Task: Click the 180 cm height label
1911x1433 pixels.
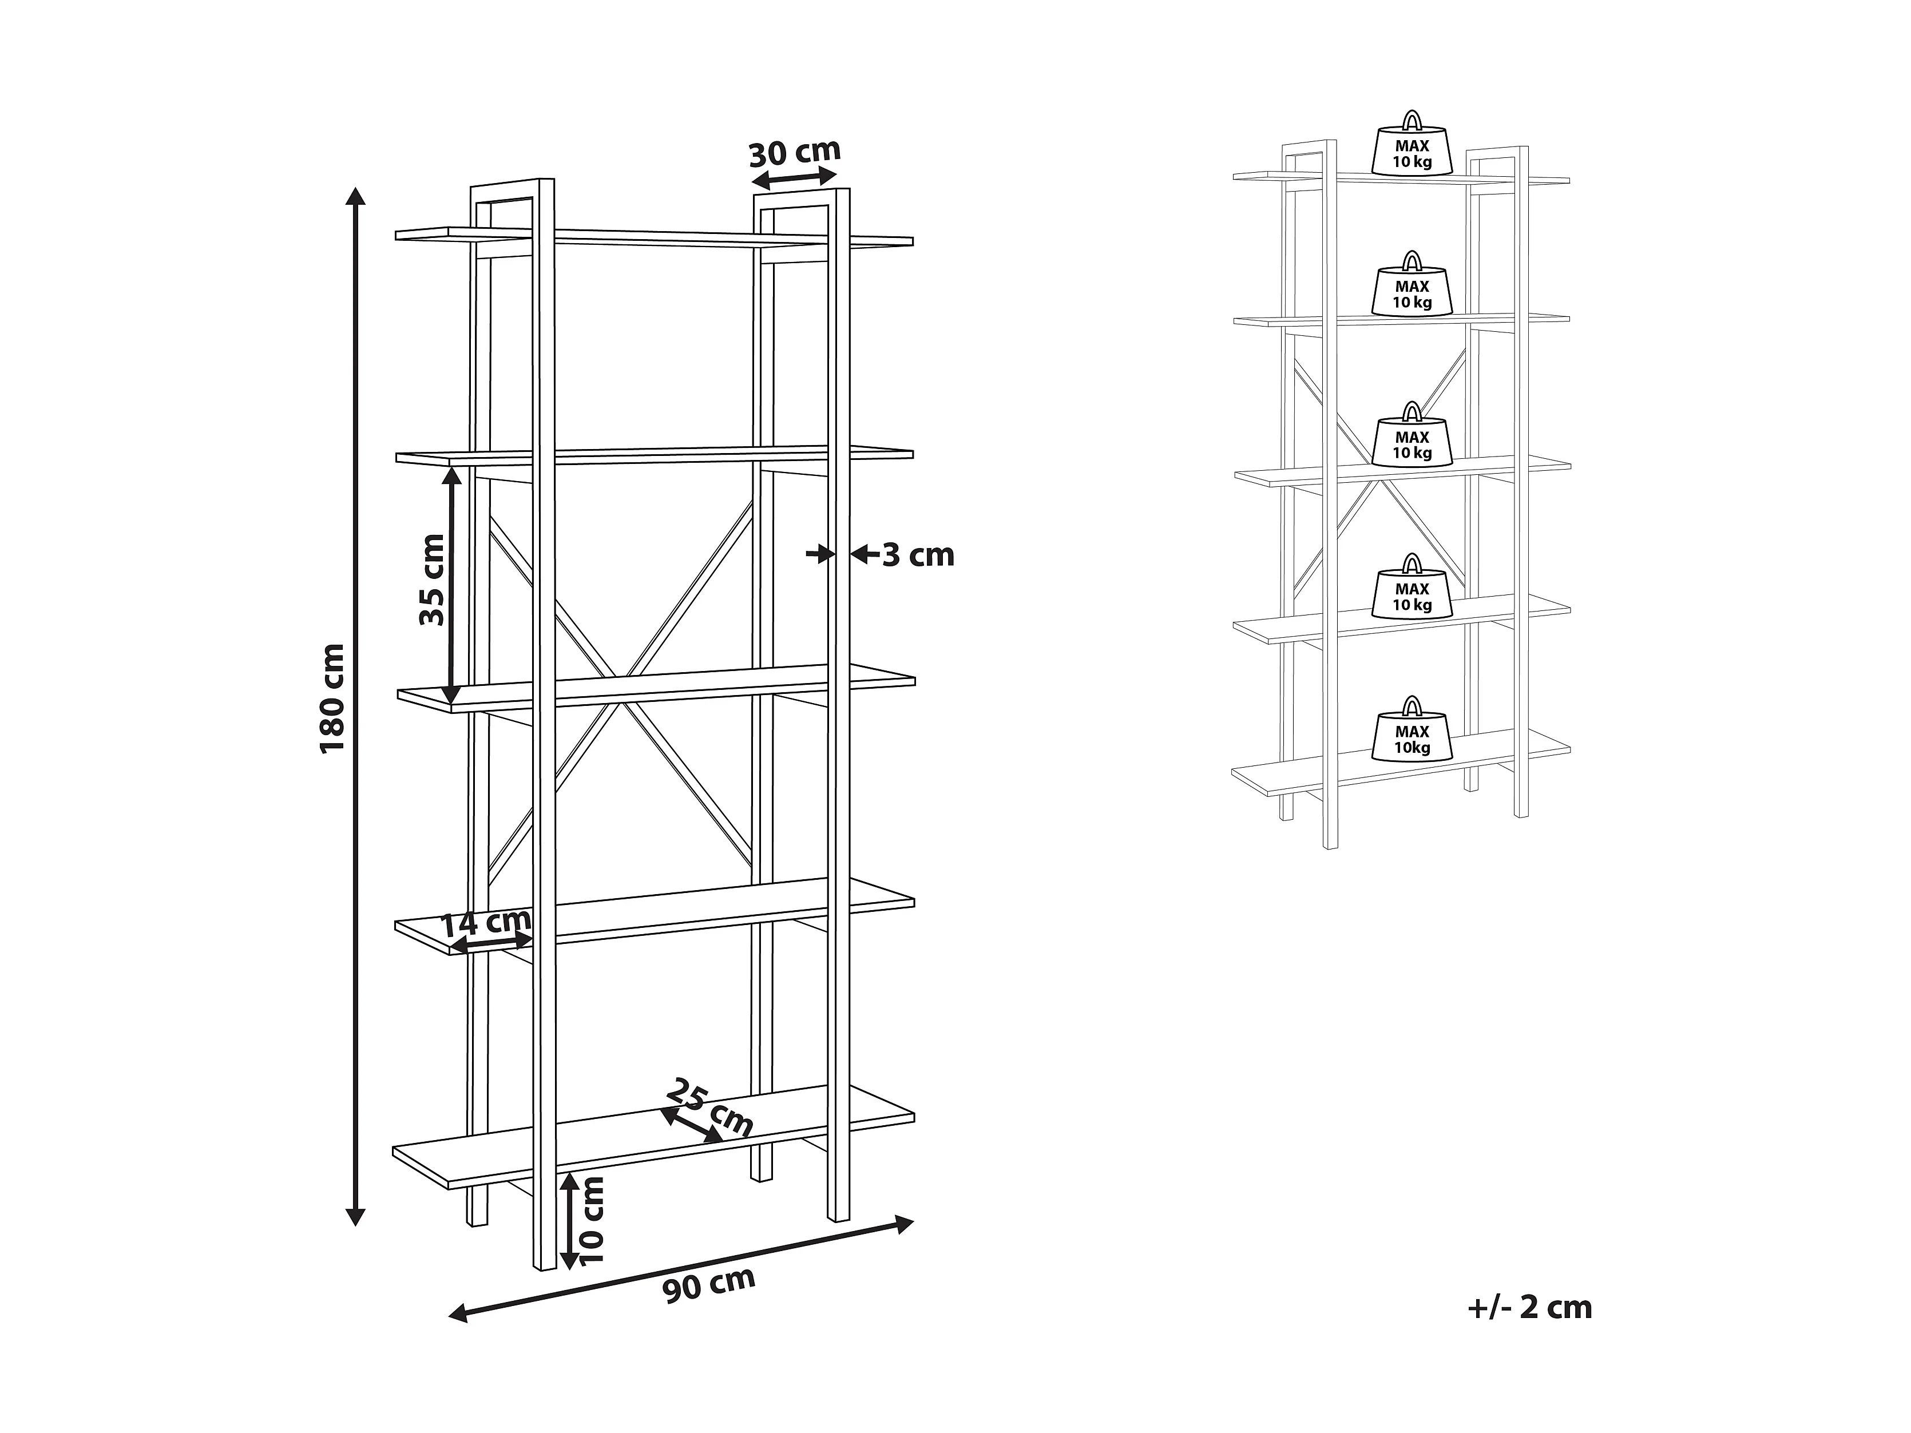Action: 332,698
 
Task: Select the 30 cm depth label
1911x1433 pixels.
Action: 794,152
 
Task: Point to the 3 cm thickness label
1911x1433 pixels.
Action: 918,555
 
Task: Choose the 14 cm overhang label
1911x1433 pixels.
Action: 486,923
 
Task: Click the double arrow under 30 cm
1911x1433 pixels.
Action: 794,179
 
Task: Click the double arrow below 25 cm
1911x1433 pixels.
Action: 691,1125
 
